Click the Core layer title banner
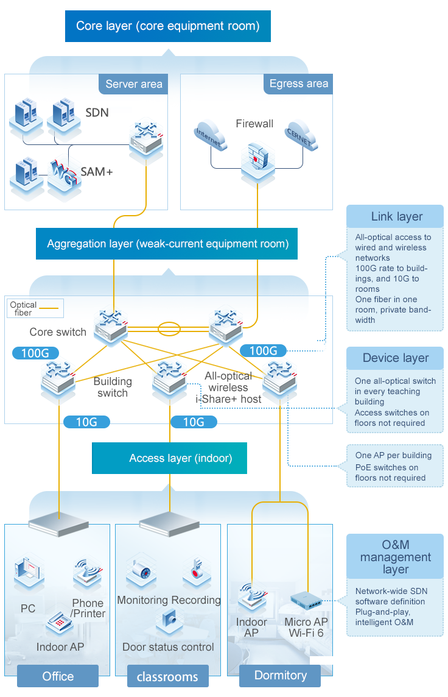(x=167, y=26)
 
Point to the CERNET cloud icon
(x=301, y=136)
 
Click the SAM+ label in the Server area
(x=97, y=172)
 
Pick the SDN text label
(x=97, y=113)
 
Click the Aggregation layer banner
(x=167, y=244)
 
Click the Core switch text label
(x=58, y=332)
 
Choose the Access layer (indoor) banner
(x=169, y=458)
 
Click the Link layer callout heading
(x=396, y=216)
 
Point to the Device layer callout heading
(x=396, y=358)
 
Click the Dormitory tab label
(x=280, y=675)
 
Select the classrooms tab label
(x=167, y=676)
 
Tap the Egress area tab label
(x=298, y=84)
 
